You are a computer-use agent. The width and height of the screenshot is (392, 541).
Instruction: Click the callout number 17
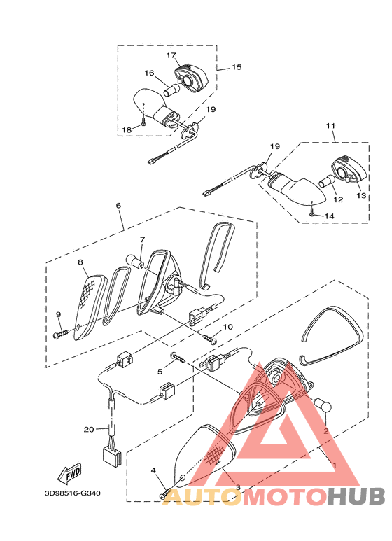click(171, 55)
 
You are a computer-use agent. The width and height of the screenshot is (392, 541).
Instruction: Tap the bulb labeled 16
click(171, 91)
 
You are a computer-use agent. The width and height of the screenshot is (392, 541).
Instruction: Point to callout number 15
click(237, 67)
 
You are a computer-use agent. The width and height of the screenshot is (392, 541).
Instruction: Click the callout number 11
click(330, 126)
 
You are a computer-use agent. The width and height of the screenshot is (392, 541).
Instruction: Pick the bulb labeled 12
click(327, 181)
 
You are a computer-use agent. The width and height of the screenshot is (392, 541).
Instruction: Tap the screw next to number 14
click(312, 213)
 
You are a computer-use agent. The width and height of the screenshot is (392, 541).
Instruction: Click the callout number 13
click(361, 196)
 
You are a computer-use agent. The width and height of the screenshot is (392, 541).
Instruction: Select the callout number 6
click(118, 206)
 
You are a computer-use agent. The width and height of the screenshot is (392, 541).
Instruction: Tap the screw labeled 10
click(210, 339)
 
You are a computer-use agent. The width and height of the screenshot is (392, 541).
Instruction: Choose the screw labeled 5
click(178, 358)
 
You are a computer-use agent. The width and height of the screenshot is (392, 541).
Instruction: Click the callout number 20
click(89, 430)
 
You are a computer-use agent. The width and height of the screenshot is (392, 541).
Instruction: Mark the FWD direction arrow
click(70, 472)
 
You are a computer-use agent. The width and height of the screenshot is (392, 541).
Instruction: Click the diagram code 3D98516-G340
click(73, 493)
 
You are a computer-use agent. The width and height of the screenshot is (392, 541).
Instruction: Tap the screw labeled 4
click(165, 493)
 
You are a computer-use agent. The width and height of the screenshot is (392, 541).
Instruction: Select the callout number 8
click(80, 262)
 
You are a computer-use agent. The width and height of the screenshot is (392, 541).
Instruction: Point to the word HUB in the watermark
click(356, 497)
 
